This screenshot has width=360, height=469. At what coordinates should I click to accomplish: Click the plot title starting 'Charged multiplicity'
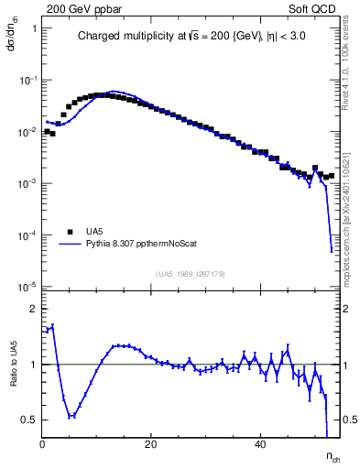pos(190,38)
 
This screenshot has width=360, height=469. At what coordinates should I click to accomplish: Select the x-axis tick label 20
pos(151,444)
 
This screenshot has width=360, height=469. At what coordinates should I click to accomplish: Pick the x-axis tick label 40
pos(260,444)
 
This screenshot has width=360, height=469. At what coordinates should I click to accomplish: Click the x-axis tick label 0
pos(43,444)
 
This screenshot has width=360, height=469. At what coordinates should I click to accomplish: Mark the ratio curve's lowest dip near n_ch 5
pos(71,416)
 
